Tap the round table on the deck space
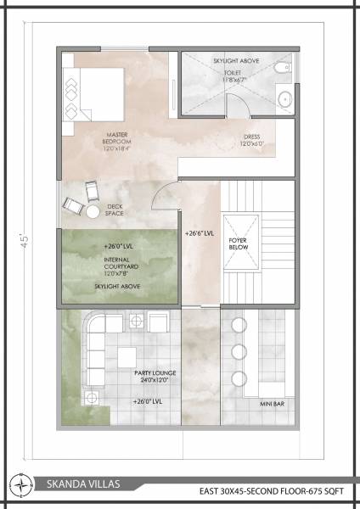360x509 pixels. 91,210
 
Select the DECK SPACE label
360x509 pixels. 115,210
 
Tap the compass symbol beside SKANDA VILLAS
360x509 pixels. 20,485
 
